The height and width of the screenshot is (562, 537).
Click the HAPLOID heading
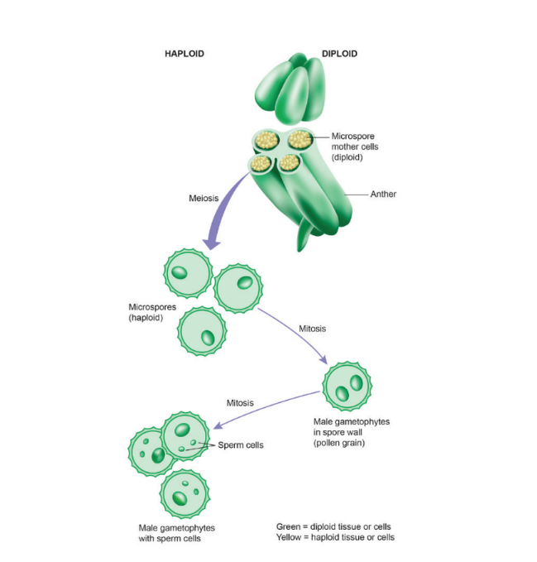pos(185,54)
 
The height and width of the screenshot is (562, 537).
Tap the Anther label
pos(383,195)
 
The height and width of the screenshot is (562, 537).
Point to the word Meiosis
pos(204,198)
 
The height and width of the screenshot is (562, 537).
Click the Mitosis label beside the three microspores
pos(312,329)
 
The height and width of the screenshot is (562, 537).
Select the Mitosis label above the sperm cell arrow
pos(240,403)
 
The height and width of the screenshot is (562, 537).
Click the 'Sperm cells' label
pos(241,445)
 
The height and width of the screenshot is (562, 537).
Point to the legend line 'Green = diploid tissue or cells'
pos(333,526)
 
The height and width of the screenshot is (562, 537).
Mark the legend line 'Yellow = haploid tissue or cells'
pos(335,538)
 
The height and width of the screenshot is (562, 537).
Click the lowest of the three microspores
pos(202,332)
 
